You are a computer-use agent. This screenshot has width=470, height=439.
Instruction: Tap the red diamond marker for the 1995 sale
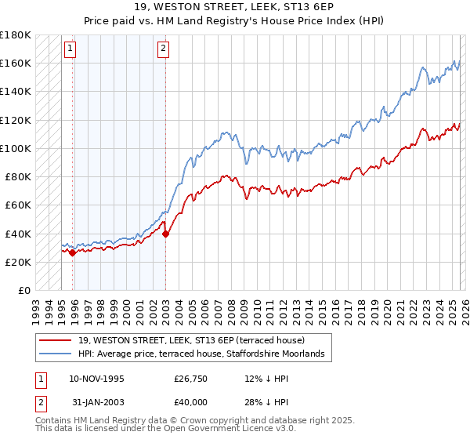click(72, 252)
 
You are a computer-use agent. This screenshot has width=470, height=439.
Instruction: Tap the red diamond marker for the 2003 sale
click(166, 233)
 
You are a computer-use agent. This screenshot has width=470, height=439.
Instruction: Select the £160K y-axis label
click(16, 63)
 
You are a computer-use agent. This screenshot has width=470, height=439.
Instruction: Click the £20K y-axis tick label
click(18, 262)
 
